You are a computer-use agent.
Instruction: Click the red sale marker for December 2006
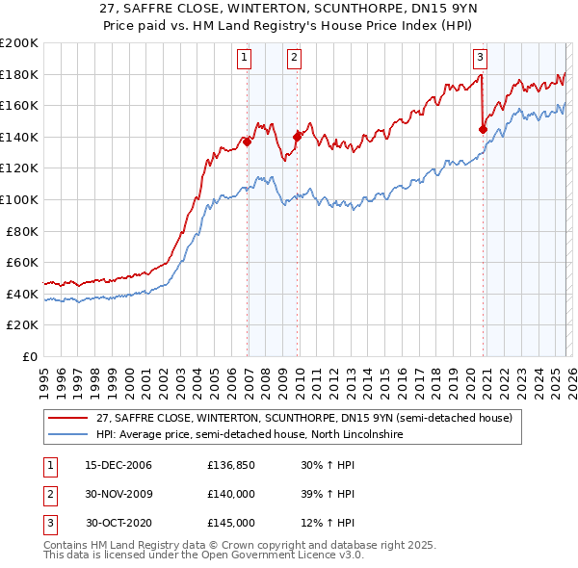(x=248, y=142)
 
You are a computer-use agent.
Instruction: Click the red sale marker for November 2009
(x=297, y=137)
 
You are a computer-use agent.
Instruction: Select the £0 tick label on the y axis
(x=31, y=356)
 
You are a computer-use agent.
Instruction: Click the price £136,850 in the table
(x=231, y=465)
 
